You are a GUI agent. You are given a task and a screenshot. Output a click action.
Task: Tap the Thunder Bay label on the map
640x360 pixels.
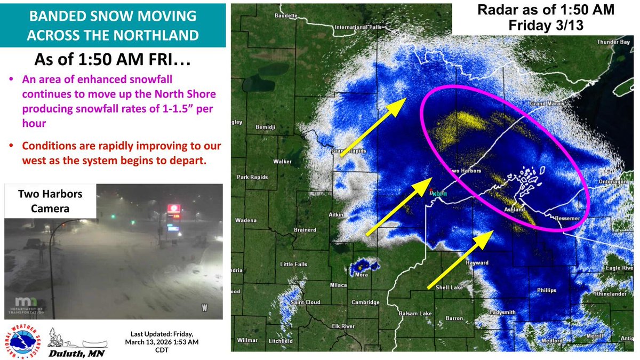[x=609, y=42]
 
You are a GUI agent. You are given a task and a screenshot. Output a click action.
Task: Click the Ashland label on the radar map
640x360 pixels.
[x=514, y=210]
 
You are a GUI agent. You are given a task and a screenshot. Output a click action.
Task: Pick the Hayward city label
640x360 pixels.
[x=477, y=263]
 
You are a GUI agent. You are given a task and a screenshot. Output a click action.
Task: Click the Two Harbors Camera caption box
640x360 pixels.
[x=51, y=201]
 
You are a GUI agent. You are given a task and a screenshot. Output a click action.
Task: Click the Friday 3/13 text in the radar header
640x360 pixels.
[x=545, y=25]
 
